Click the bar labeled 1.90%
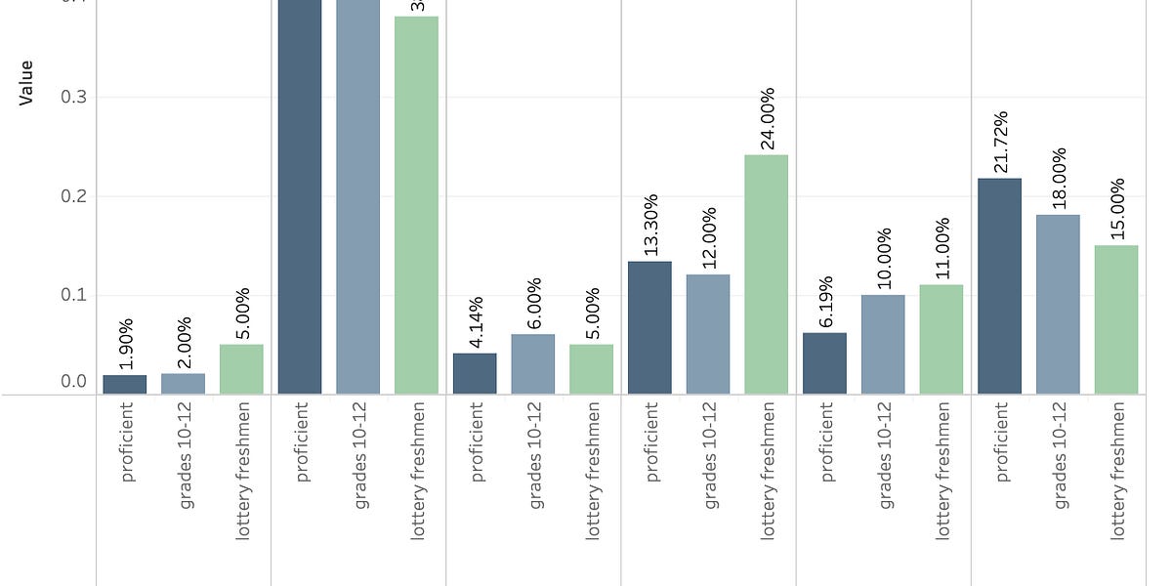[125, 385]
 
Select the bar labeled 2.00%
[183, 384]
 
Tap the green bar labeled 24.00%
[766, 274]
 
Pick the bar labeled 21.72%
[999, 286]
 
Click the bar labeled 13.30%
[649, 328]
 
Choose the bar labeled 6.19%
[824, 363]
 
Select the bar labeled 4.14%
[475, 374]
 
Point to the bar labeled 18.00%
[1058, 304]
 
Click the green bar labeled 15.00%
[1116, 319]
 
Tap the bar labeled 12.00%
[708, 334]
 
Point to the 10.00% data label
[884, 258]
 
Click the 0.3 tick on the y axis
[74, 97]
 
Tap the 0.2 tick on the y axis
[74, 195]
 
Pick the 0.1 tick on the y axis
[74, 294]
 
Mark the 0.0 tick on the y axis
[74, 382]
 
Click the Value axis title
[26, 82]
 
